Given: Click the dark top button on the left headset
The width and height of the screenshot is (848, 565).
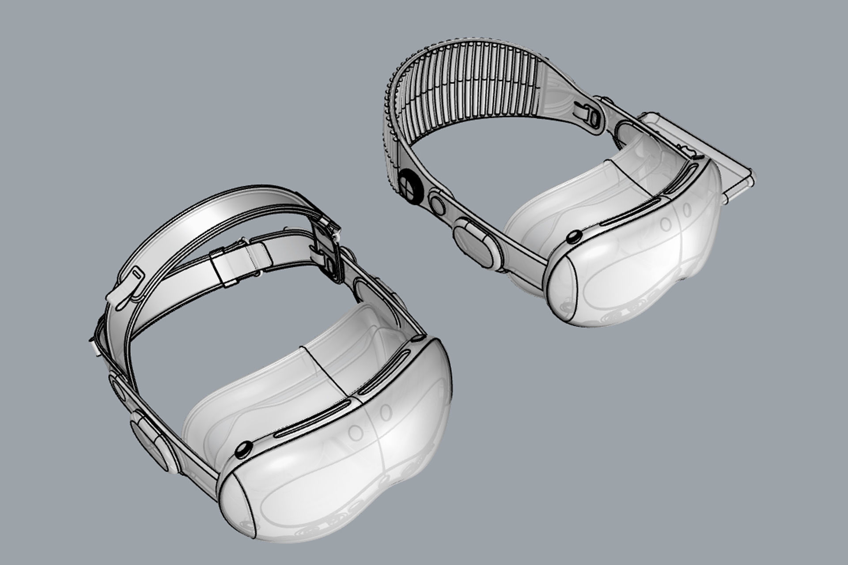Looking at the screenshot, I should click(x=242, y=451).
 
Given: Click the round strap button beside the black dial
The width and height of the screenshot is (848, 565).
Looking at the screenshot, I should click(x=438, y=205).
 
